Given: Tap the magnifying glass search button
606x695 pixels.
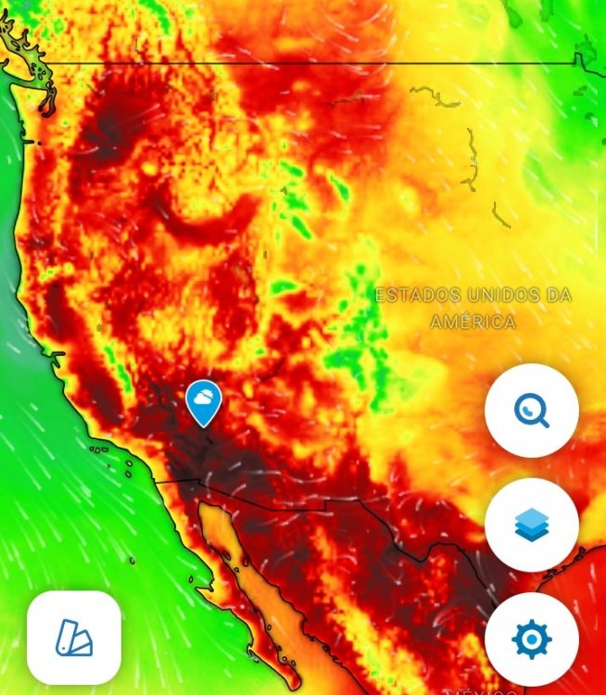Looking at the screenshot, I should (x=532, y=410).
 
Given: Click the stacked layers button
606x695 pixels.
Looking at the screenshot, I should (x=532, y=525).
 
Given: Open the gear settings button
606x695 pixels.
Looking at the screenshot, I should (x=532, y=639).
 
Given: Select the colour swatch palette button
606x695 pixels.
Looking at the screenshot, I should (x=74, y=638).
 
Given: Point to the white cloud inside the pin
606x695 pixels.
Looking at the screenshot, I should (x=203, y=399).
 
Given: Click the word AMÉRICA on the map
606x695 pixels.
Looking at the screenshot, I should (x=473, y=322).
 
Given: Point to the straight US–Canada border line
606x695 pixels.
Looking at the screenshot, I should (x=306, y=63).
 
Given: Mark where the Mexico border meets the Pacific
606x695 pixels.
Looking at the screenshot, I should (x=154, y=481).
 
